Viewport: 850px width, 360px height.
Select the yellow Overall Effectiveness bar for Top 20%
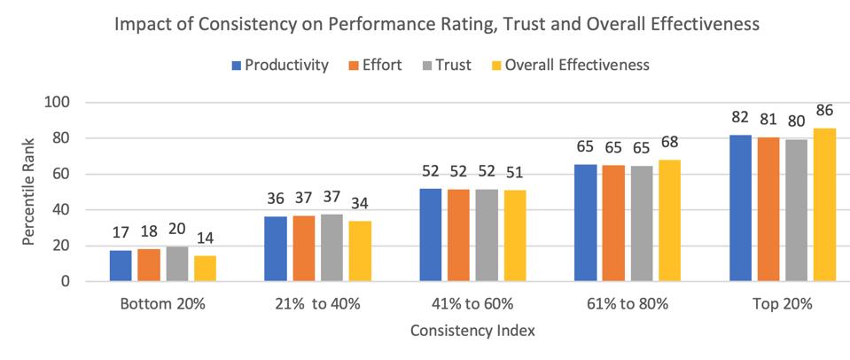click(825, 205)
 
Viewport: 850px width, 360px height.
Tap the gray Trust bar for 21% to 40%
click(331, 247)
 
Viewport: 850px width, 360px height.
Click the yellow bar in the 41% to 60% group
click(514, 236)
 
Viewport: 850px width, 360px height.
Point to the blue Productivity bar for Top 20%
click(740, 208)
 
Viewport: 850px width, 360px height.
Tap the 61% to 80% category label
click(627, 304)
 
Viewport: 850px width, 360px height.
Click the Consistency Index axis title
click(472, 331)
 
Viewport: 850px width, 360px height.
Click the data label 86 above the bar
click(826, 111)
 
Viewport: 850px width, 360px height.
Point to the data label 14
click(204, 239)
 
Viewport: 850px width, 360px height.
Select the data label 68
click(669, 143)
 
